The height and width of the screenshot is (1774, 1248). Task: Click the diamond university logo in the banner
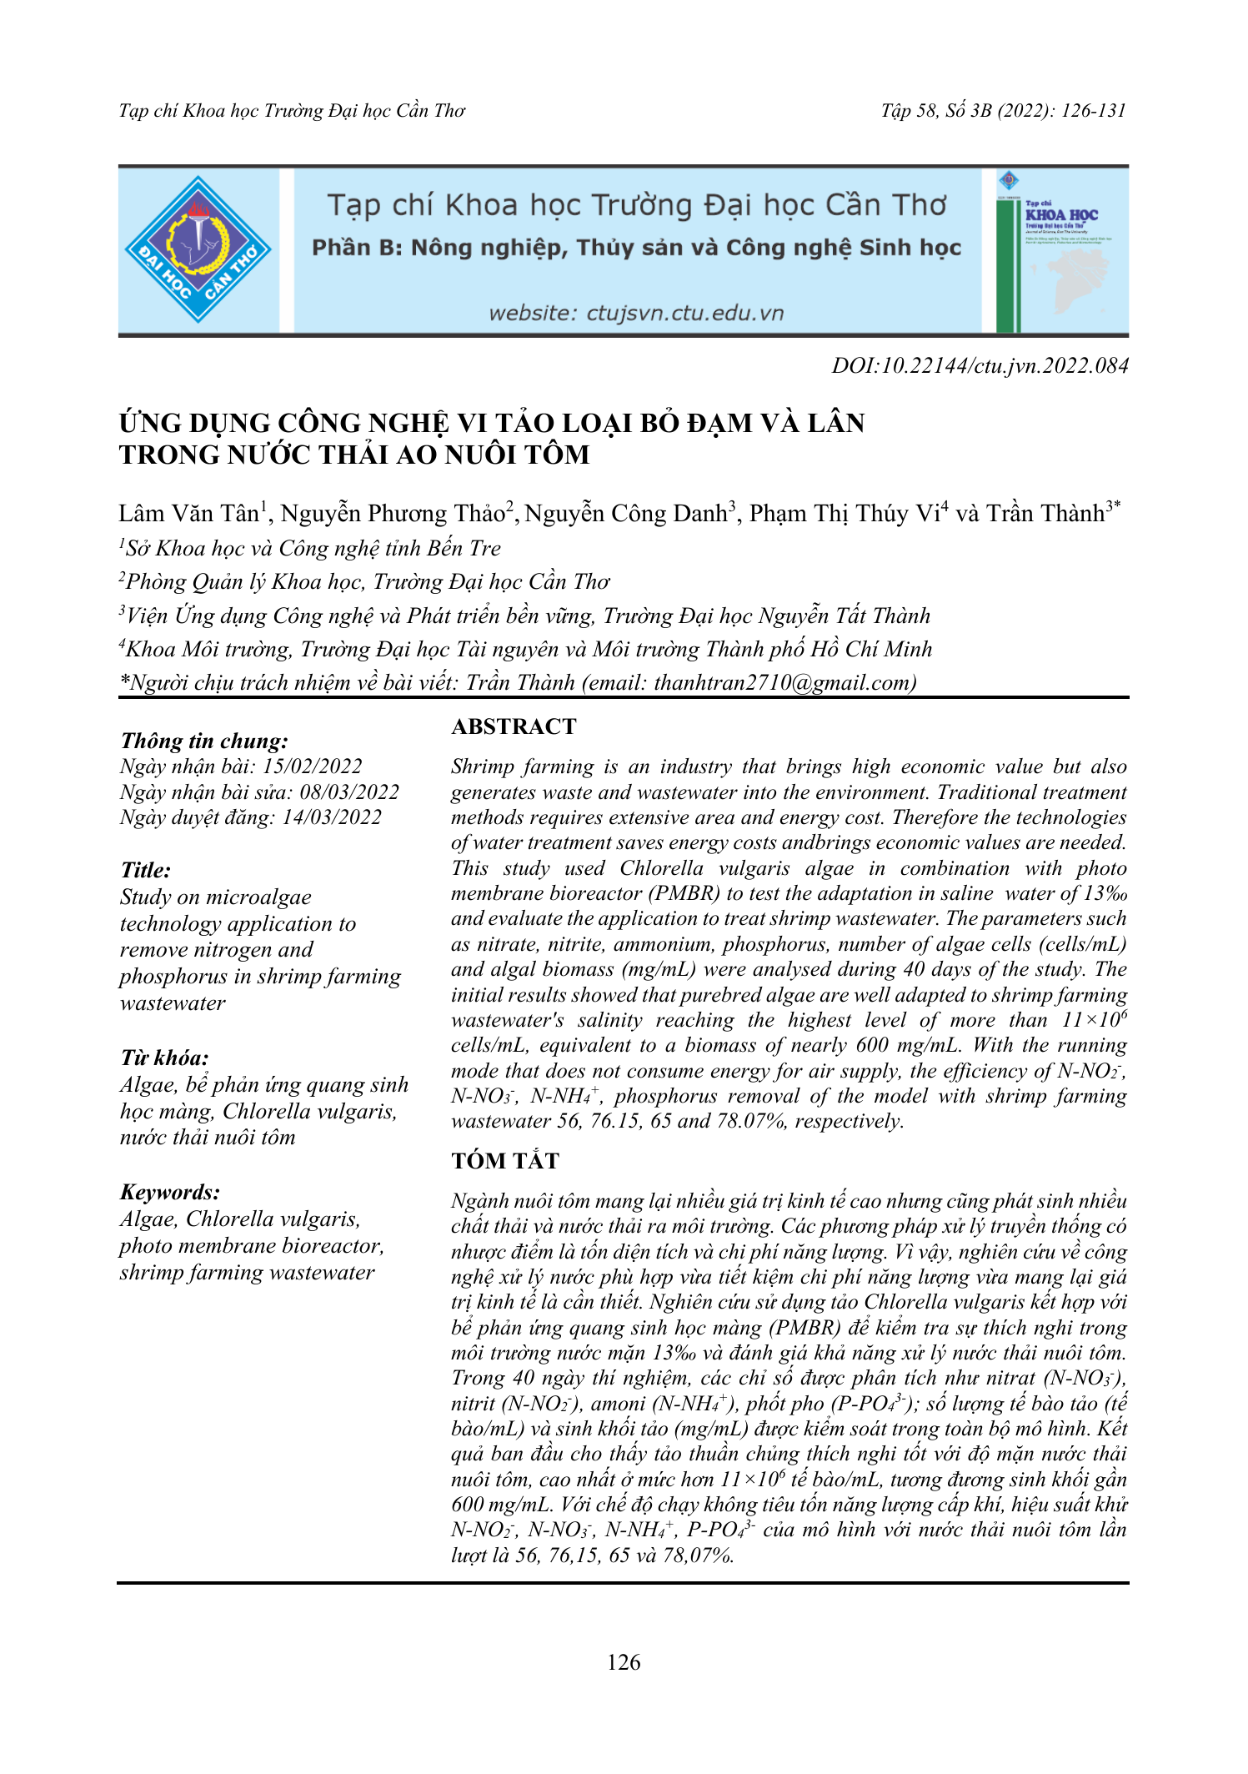tap(198, 249)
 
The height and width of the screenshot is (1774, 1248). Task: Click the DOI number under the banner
tap(980, 365)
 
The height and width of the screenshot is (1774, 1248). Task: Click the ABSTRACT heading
tap(514, 726)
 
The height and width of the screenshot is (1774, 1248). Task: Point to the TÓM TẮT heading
tap(505, 1160)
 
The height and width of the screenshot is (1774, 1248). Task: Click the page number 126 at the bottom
tap(624, 1662)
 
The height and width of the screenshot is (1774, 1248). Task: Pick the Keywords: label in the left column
tap(170, 1192)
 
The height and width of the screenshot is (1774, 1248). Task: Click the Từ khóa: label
tap(164, 1058)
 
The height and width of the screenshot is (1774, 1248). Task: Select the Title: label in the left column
tap(146, 870)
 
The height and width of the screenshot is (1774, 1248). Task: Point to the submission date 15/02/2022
tap(313, 766)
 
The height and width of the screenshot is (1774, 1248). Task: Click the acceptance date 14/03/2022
tap(332, 817)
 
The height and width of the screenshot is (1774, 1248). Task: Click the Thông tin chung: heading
tap(204, 741)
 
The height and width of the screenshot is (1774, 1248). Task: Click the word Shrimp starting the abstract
tap(481, 766)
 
